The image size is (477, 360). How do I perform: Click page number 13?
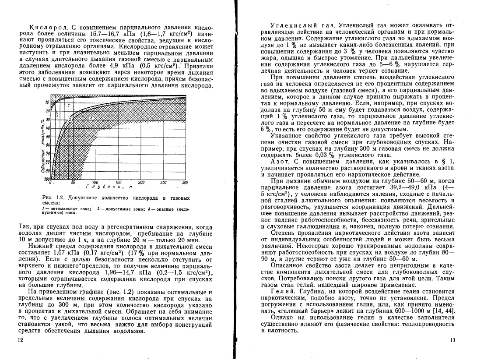[x=452, y=340]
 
